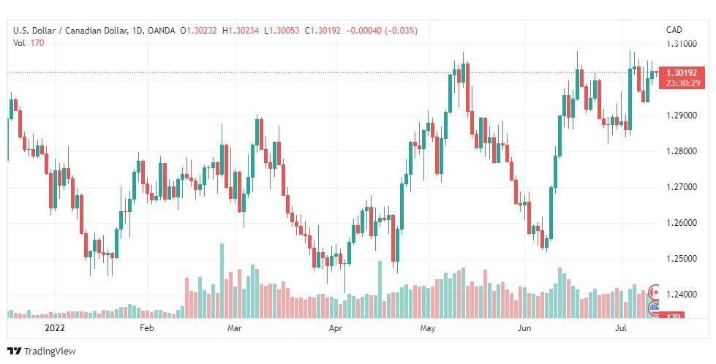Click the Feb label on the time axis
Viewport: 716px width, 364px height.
click(147, 329)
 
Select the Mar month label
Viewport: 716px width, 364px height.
click(235, 329)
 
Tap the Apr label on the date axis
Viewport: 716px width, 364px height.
click(336, 329)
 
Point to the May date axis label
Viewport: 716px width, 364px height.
click(428, 329)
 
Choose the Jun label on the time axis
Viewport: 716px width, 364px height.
click(524, 329)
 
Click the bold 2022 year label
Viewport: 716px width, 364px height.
click(56, 329)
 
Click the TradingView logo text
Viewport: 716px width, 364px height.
click(50, 352)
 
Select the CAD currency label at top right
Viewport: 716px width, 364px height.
click(674, 30)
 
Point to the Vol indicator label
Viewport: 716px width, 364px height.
click(20, 43)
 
